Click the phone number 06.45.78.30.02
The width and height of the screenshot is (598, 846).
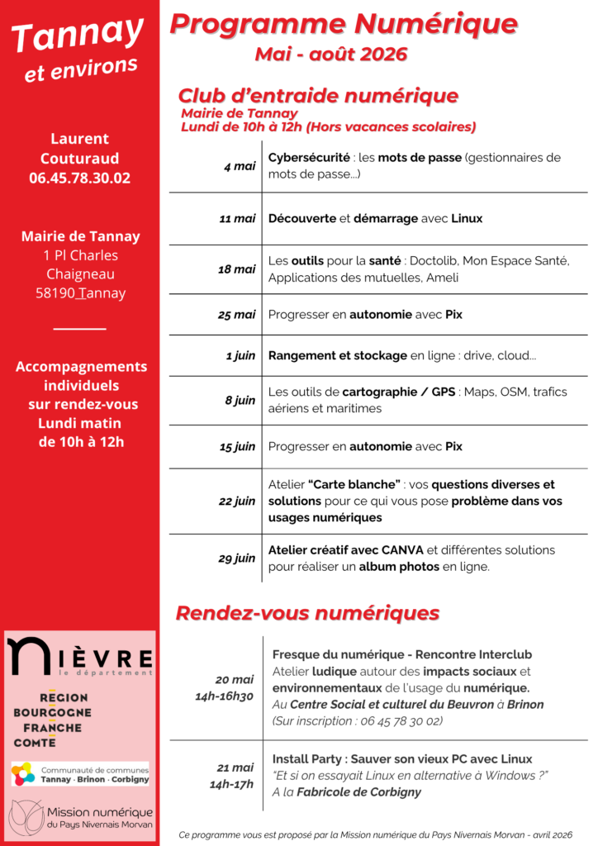click(x=79, y=178)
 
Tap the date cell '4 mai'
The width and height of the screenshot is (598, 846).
click(x=240, y=166)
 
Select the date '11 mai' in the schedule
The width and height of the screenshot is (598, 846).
click(x=237, y=219)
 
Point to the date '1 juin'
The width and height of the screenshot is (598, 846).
click(x=240, y=356)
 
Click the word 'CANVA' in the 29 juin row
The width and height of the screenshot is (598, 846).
click(x=402, y=550)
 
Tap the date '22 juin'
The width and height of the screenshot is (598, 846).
click(x=237, y=501)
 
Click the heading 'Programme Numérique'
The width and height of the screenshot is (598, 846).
click(x=344, y=24)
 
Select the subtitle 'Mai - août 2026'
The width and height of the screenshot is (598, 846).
click(x=331, y=55)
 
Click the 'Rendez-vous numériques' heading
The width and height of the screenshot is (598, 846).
click(x=307, y=613)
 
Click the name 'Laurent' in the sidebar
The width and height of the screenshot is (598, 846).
click(x=79, y=139)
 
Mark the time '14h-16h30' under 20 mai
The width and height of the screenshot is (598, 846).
click(x=224, y=696)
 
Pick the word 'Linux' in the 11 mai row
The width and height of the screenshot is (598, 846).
click(x=467, y=219)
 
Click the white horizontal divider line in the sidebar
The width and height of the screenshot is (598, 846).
click(x=79, y=329)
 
